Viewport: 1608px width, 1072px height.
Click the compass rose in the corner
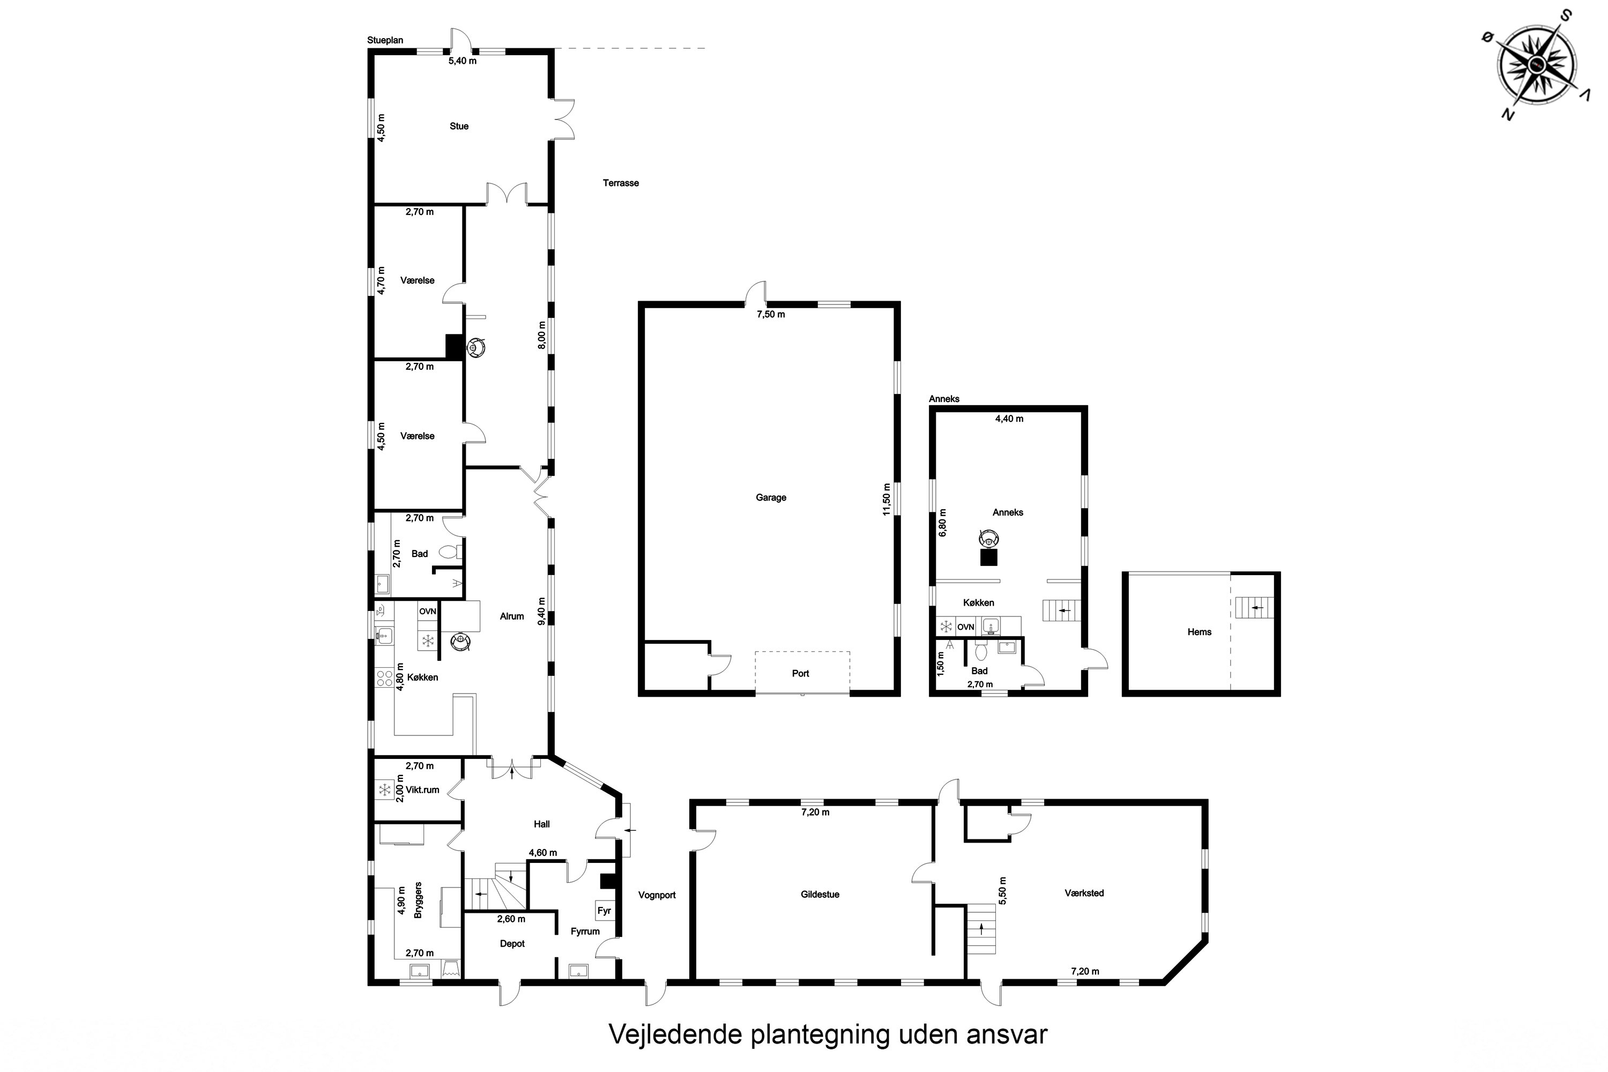coord(1538,65)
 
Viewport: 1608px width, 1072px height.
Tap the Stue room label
coord(459,126)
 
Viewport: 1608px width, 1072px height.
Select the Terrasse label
coord(621,183)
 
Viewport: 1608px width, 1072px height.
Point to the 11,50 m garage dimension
coord(887,499)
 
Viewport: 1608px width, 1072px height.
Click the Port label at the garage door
coord(801,673)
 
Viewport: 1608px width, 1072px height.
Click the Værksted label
coord(1084,893)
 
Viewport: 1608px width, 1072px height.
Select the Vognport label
coord(657,895)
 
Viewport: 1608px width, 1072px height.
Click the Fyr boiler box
coord(605,911)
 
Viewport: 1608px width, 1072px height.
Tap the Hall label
coord(542,824)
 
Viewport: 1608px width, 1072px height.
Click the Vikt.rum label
coord(422,790)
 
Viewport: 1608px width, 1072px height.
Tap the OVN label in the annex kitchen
coord(966,627)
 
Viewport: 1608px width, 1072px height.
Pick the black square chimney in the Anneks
coord(988,557)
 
